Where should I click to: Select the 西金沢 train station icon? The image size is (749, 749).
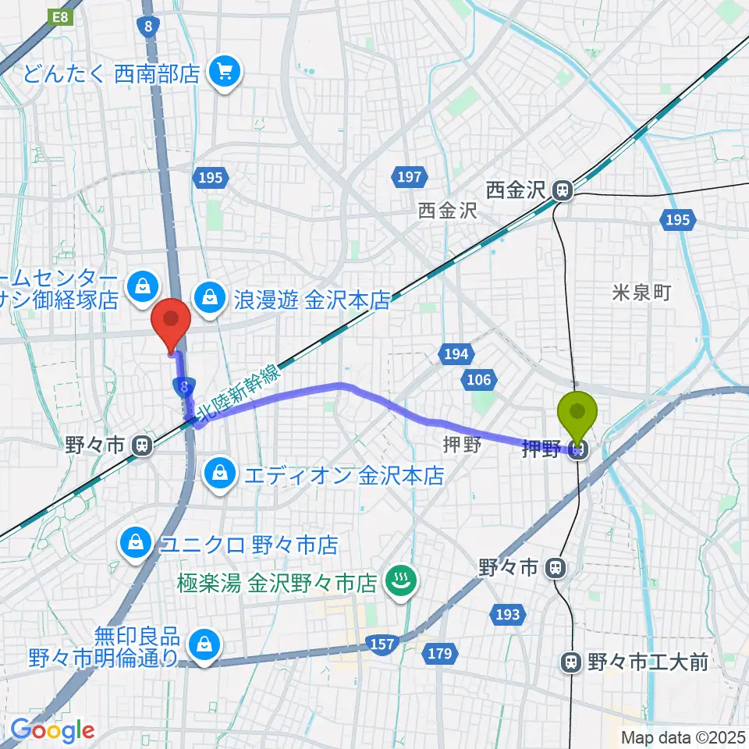click(561, 190)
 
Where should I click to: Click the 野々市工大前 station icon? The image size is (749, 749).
click(571, 662)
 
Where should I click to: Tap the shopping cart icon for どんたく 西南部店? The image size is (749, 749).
click(225, 73)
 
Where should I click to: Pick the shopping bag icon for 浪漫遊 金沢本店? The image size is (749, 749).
click(210, 296)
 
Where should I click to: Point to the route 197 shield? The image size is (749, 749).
click(409, 179)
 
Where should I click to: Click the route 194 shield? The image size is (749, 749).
click(456, 354)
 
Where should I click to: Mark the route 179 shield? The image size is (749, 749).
click(439, 654)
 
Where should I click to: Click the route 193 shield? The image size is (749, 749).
click(507, 615)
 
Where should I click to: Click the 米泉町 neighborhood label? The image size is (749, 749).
click(641, 293)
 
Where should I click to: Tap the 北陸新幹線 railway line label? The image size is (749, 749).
click(238, 392)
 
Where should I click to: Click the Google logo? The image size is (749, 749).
click(52, 730)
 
